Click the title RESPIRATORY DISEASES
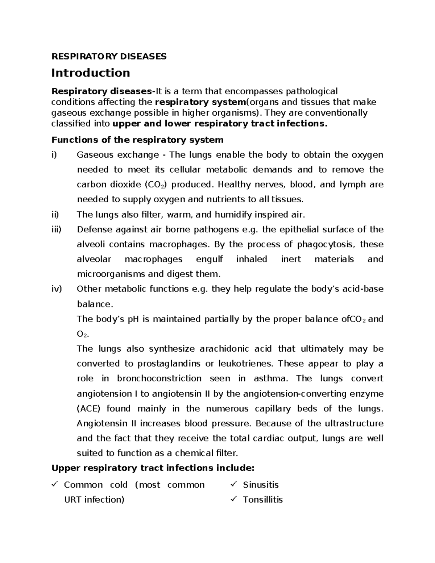click(109, 56)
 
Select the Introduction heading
click(91, 73)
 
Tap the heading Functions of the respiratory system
click(137, 140)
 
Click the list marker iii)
click(57, 229)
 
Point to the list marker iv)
click(57, 289)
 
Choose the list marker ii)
click(55, 215)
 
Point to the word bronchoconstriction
click(159, 378)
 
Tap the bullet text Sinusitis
click(261, 485)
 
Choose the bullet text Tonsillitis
click(263, 500)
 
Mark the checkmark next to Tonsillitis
click(234, 499)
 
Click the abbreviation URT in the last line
click(72, 500)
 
